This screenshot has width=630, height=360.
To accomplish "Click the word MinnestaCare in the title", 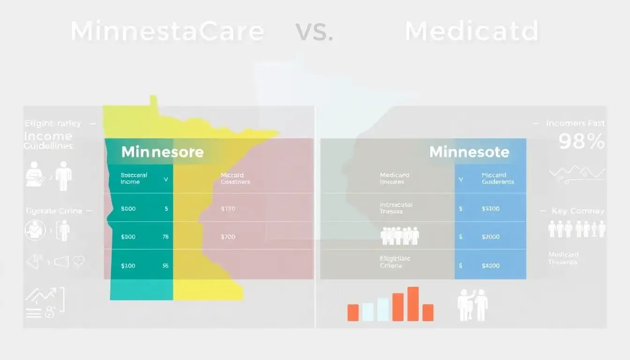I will pyautogui.click(x=167, y=31).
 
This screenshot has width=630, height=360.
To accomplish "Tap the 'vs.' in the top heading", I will pyautogui.click(x=314, y=31).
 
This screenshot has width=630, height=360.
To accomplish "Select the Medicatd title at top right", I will pyautogui.click(x=472, y=31).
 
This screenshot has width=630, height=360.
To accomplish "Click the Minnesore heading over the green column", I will pyautogui.click(x=162, y=152).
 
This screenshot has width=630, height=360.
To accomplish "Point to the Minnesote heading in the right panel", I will pyautogui.click(x=469, y=152).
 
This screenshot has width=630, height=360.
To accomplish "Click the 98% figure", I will pyautogui.click(x=582, y=141).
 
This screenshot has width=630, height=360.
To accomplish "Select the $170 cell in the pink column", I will pyautogui.click(x=228, y=209).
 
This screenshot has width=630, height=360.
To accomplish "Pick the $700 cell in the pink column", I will pyautogui.click(x=228, y=237).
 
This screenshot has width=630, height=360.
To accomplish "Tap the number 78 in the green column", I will pyautogui.click(x=165, y=237).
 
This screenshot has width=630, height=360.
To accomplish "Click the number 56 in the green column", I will pyautogui.click(x=165, y=265).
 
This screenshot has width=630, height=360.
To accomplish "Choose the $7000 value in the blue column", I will pyautogui.click(x=491, y=237).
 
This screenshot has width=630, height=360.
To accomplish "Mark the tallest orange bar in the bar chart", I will pyautogui.click(x=413, y=304).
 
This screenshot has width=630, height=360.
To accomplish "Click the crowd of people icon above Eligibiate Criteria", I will pyautogui.click(x=399, y=235).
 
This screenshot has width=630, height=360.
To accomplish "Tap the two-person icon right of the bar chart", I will pyautogui.click(x=472, y=304).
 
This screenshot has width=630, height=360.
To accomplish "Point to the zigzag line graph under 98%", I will pyautogui.click(x=577, y=173).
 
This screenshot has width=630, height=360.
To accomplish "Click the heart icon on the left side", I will pyautogui.click(x=79, y=261).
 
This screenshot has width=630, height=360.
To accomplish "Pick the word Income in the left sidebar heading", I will pyautogui.click(x=48, y=136).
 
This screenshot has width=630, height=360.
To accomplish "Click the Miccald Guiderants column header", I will pyautogui.click(x=497, y=178).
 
